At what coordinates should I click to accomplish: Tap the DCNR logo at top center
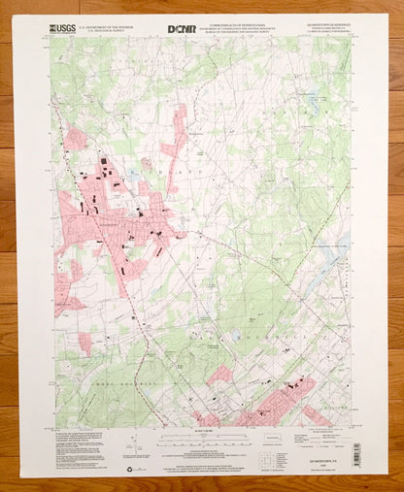203,29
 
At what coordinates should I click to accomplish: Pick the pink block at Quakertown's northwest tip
76,139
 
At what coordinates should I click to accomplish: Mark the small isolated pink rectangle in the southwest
85,343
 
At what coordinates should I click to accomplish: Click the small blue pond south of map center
235,336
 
